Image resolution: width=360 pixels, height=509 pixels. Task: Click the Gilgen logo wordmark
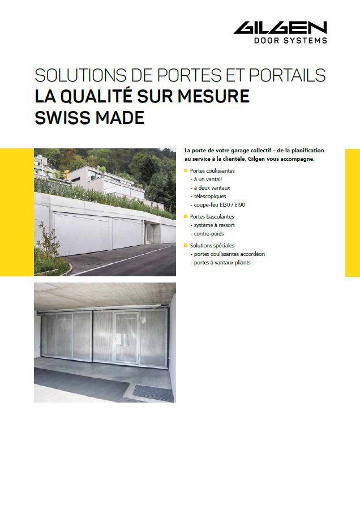280,28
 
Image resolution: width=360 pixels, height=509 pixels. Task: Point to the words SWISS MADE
89,118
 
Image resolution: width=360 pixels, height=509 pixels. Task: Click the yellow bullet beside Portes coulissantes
186,170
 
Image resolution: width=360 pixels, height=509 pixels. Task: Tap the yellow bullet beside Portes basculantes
186,216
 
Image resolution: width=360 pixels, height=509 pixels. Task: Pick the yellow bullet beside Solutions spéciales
186,245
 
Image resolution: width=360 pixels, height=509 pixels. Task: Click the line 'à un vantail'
206,179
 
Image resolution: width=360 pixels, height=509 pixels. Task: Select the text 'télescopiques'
211,196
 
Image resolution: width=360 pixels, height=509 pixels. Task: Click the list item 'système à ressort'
213,225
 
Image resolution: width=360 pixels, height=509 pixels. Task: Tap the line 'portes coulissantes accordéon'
229,254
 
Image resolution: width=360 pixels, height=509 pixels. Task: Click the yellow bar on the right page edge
352,212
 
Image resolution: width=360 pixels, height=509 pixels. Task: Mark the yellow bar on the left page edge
16,212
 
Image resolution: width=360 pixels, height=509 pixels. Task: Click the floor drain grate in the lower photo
153,392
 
